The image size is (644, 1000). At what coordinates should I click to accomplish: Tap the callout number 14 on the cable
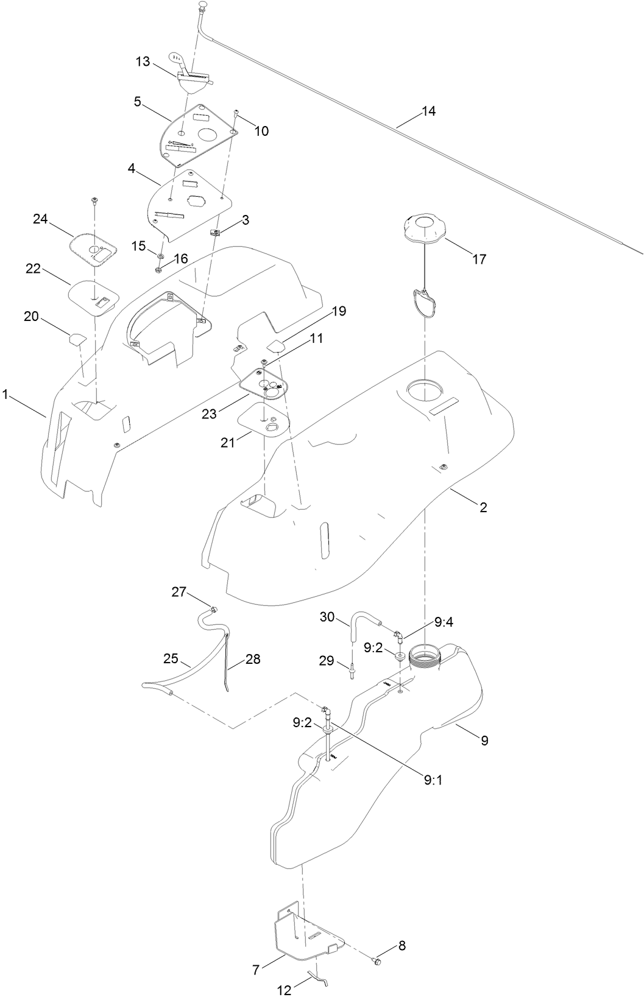[428, 111]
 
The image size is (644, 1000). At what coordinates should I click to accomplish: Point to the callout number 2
[483, 507]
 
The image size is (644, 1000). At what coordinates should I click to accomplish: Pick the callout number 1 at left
[5, 395]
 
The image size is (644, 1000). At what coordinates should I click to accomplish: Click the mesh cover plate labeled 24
[93, 250]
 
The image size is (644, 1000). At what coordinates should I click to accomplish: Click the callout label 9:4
[444, 622]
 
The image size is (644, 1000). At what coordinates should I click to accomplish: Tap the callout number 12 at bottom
[285, 991]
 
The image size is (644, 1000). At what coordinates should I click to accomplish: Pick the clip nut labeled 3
[215, 231]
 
